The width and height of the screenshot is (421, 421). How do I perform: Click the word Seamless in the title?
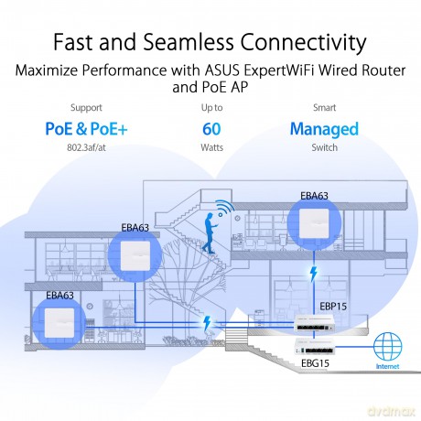189,41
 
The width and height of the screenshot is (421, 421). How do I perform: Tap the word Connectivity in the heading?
303,43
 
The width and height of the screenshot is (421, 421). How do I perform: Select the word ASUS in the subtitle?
222,70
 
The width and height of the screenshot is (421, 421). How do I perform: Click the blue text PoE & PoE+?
86,129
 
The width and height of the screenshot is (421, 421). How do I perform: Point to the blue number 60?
211,129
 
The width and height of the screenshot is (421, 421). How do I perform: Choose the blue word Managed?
324,129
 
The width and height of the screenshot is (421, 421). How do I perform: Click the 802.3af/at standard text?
86,147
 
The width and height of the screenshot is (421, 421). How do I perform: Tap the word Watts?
211,147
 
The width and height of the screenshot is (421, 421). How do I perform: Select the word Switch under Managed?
324,147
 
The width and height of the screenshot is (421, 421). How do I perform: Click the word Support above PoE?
86,108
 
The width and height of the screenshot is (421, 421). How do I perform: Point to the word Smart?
324,108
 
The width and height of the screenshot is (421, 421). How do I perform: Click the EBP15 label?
333,307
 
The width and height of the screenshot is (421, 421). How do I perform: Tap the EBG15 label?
315,363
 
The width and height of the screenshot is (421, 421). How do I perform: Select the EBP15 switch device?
315,325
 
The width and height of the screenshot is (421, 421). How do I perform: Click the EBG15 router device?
315,347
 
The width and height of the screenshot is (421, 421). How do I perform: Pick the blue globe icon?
388,346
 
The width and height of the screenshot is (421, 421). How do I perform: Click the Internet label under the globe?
387,366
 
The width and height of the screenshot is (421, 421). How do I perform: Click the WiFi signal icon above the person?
225,209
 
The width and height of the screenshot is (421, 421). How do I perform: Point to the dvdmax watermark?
392,411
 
